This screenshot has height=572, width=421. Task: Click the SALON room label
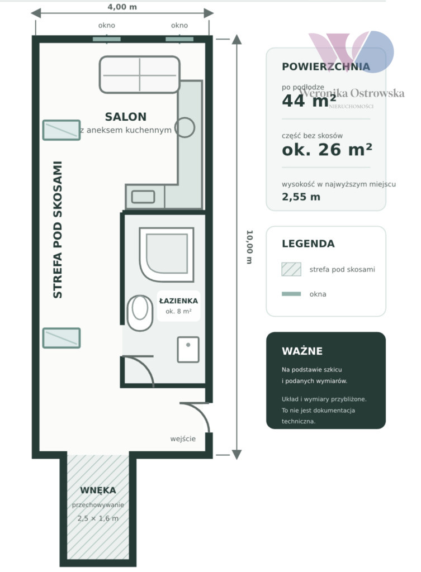[126, 117]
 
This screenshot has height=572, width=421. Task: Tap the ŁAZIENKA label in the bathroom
[178, 301]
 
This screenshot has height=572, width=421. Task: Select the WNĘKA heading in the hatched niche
[98, 490]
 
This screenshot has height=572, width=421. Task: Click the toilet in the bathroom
[140, 313]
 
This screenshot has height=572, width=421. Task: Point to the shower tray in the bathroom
[167, 255]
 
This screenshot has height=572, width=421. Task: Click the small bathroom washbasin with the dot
[188, 350]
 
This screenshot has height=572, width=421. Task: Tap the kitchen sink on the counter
[143, 197]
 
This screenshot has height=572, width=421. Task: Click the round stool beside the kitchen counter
[185, 127]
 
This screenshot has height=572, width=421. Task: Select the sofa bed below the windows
[139, 74]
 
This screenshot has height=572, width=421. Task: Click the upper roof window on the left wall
[62, 130]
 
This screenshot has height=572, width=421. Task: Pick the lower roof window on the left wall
[62, 338]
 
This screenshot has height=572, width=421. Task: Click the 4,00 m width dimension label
[122, 7]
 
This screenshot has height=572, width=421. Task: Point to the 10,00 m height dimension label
[250, 246]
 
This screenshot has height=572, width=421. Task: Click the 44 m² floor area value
[309, 101]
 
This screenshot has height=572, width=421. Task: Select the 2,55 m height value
[301, 197]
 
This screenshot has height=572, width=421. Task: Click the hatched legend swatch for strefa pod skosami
[291, 269]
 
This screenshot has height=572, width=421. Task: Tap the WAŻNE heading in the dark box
[302, 351]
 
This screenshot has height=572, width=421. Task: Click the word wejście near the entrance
[183, 439]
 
